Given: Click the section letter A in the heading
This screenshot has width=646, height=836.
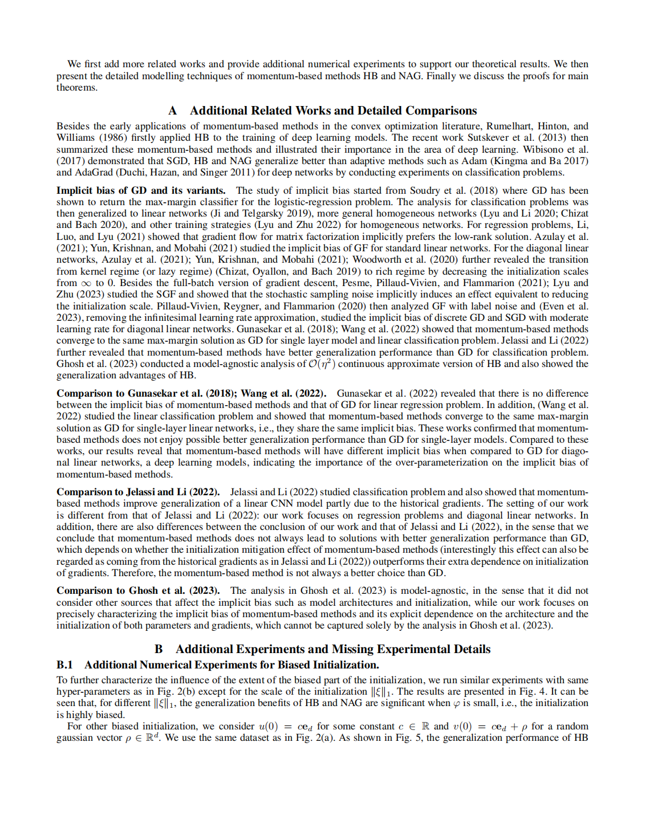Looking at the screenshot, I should [x=173, y=111].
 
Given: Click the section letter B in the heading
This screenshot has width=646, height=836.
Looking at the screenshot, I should [x=159, y=649].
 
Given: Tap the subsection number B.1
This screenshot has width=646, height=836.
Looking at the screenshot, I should [x=64, y=664].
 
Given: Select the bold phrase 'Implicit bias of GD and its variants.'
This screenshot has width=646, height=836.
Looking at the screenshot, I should [x=141, y=190].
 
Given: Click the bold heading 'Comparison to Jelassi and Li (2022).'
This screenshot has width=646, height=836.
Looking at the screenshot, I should [x=138, y=492].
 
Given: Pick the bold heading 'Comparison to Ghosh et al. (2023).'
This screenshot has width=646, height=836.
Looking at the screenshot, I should [x=138, y=590].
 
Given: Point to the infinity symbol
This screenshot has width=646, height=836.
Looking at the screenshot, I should [x=86, y=283].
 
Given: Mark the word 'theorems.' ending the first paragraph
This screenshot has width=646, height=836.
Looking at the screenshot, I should [x=77, y=87].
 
